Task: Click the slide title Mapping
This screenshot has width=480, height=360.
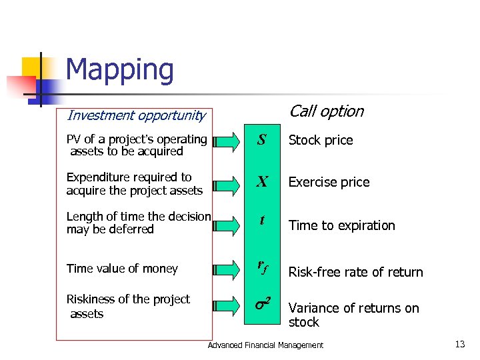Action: click(119, 70)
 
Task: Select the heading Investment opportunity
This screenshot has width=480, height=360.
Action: click(136, 115)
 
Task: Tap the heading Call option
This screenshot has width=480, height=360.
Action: click(326, 111)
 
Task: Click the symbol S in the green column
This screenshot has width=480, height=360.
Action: click(262, 140)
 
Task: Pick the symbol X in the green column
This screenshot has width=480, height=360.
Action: click(262, 182)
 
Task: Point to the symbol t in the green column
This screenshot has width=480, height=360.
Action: click(262, 220)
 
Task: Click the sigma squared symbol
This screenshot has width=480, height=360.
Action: click(262, 305)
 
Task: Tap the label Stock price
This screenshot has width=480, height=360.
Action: click(320, 141)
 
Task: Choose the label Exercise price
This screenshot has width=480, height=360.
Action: click(329, 182)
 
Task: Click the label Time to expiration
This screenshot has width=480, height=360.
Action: click(341, 225)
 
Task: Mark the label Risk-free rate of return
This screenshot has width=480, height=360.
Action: click(355, 272)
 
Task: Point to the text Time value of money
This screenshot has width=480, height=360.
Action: click(122, 269)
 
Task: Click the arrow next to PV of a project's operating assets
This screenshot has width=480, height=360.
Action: click(226, 141)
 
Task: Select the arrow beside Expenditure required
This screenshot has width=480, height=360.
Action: click(226, 182)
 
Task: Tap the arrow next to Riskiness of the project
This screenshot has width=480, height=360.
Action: click(226, 306)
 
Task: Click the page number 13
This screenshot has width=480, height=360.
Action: click(459, 344)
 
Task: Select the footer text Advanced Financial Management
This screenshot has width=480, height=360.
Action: click(265, 345)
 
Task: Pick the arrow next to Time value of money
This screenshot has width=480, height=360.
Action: click(226, 269)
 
